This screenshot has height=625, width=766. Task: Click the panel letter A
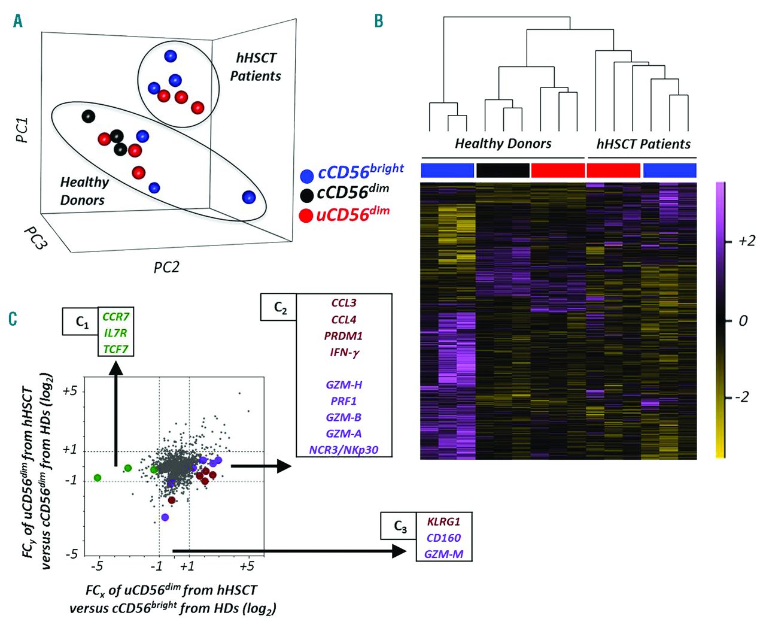(x=17, y=22)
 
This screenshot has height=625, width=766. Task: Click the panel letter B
(x=378, y=22)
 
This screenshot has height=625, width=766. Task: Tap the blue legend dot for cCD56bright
(x=307, y=176)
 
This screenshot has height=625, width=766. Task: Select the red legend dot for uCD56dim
(x=307, y=216)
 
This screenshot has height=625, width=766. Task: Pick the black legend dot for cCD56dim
(x=307, y=195)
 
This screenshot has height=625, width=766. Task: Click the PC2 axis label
(x=166, y=267)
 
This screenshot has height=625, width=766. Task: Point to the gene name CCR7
(x=115, y=317)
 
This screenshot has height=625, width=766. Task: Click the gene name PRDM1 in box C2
(x=344, y=336)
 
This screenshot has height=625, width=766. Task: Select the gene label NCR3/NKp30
(x=344, y=450)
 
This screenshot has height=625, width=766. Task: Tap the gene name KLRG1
(x=443, y=521)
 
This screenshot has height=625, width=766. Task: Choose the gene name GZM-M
(x=443, y=554)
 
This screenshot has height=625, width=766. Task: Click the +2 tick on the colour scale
(x=746, y=241)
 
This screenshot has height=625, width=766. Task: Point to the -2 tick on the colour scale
(x=742, y=397)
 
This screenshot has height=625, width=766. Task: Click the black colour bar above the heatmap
(x=503, y=171)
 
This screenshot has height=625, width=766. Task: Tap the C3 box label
(x=400, y=527)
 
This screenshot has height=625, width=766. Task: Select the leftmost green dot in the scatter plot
(x=98, y=478)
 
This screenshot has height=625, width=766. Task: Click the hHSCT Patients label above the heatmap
(x=643, y=144)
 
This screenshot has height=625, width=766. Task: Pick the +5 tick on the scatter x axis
(x=247, y=566)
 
